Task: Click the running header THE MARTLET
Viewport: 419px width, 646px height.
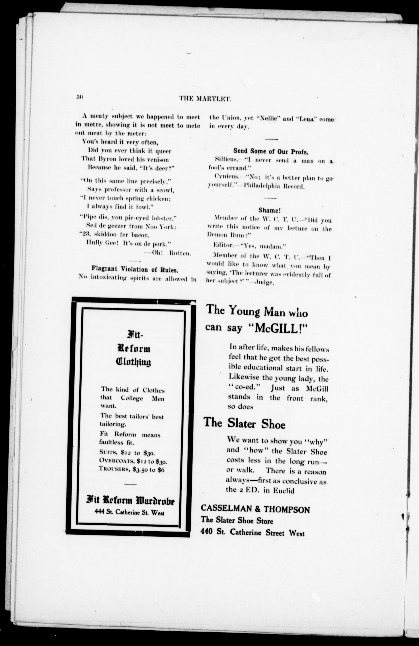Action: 205,99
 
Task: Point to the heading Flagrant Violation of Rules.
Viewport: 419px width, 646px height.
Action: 135,269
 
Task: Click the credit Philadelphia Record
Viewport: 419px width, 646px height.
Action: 274,186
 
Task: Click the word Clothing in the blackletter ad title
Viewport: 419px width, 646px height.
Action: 134,362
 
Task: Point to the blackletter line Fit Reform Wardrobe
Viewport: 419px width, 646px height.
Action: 130,501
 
